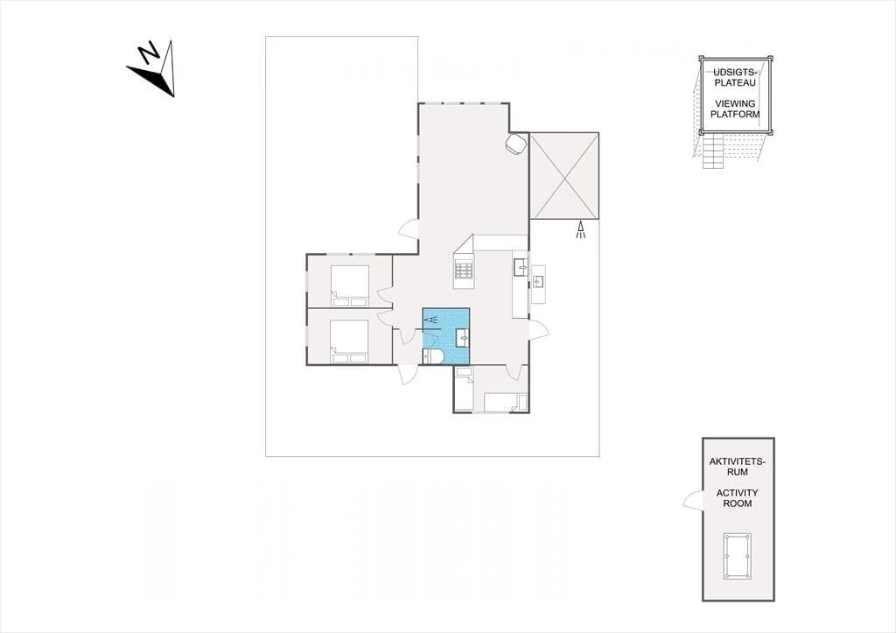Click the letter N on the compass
[x=150, y=53]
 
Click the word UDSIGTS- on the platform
[x=734, y=73]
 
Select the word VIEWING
[x=735, y=103]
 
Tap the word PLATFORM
[x=735, y=114]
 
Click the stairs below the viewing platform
[x=713, y=151]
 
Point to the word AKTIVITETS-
[x=737, y=461]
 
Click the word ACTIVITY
[x=737, y=492]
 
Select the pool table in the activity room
[x=737, y=556]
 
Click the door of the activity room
[x=693, y=500]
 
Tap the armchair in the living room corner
[x=515, y=144]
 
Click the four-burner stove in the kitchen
[x=464, y=271]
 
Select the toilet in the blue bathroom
[x=433, y=357]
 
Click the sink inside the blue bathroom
[x=462, y=338]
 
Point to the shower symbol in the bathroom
[x=432, y=320]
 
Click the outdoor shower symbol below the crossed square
[x=581, y=229]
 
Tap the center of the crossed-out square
[x=564, y=176]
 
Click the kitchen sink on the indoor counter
[x=521, y=267]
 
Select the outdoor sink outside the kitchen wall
[x=538, y=281]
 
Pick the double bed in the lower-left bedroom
[x=350, y=341]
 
